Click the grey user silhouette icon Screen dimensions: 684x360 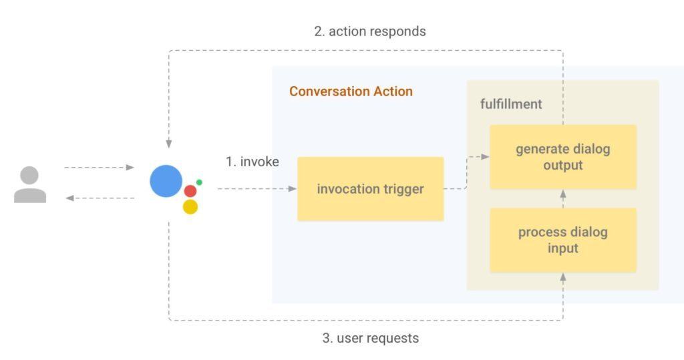30,184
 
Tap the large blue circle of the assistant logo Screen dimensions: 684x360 166,181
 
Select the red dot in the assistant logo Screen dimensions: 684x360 190,191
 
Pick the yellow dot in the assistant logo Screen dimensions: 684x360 190,207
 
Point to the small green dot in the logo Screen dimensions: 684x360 199,182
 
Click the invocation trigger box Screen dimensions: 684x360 370,189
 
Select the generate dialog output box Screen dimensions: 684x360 562,157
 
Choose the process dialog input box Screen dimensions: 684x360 562,240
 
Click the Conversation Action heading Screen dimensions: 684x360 351,92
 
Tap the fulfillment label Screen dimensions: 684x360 511,104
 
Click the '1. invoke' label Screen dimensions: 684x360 252,162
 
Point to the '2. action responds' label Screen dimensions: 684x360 370,31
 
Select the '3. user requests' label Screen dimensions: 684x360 370,338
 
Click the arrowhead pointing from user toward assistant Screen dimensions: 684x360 130,168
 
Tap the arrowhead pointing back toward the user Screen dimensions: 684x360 69,198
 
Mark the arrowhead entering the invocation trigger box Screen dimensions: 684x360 293,189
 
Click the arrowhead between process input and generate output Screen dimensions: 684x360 563,194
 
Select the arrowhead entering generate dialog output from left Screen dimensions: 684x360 485,157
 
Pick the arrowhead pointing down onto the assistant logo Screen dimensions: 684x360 169,144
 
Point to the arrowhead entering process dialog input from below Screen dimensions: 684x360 563,277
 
